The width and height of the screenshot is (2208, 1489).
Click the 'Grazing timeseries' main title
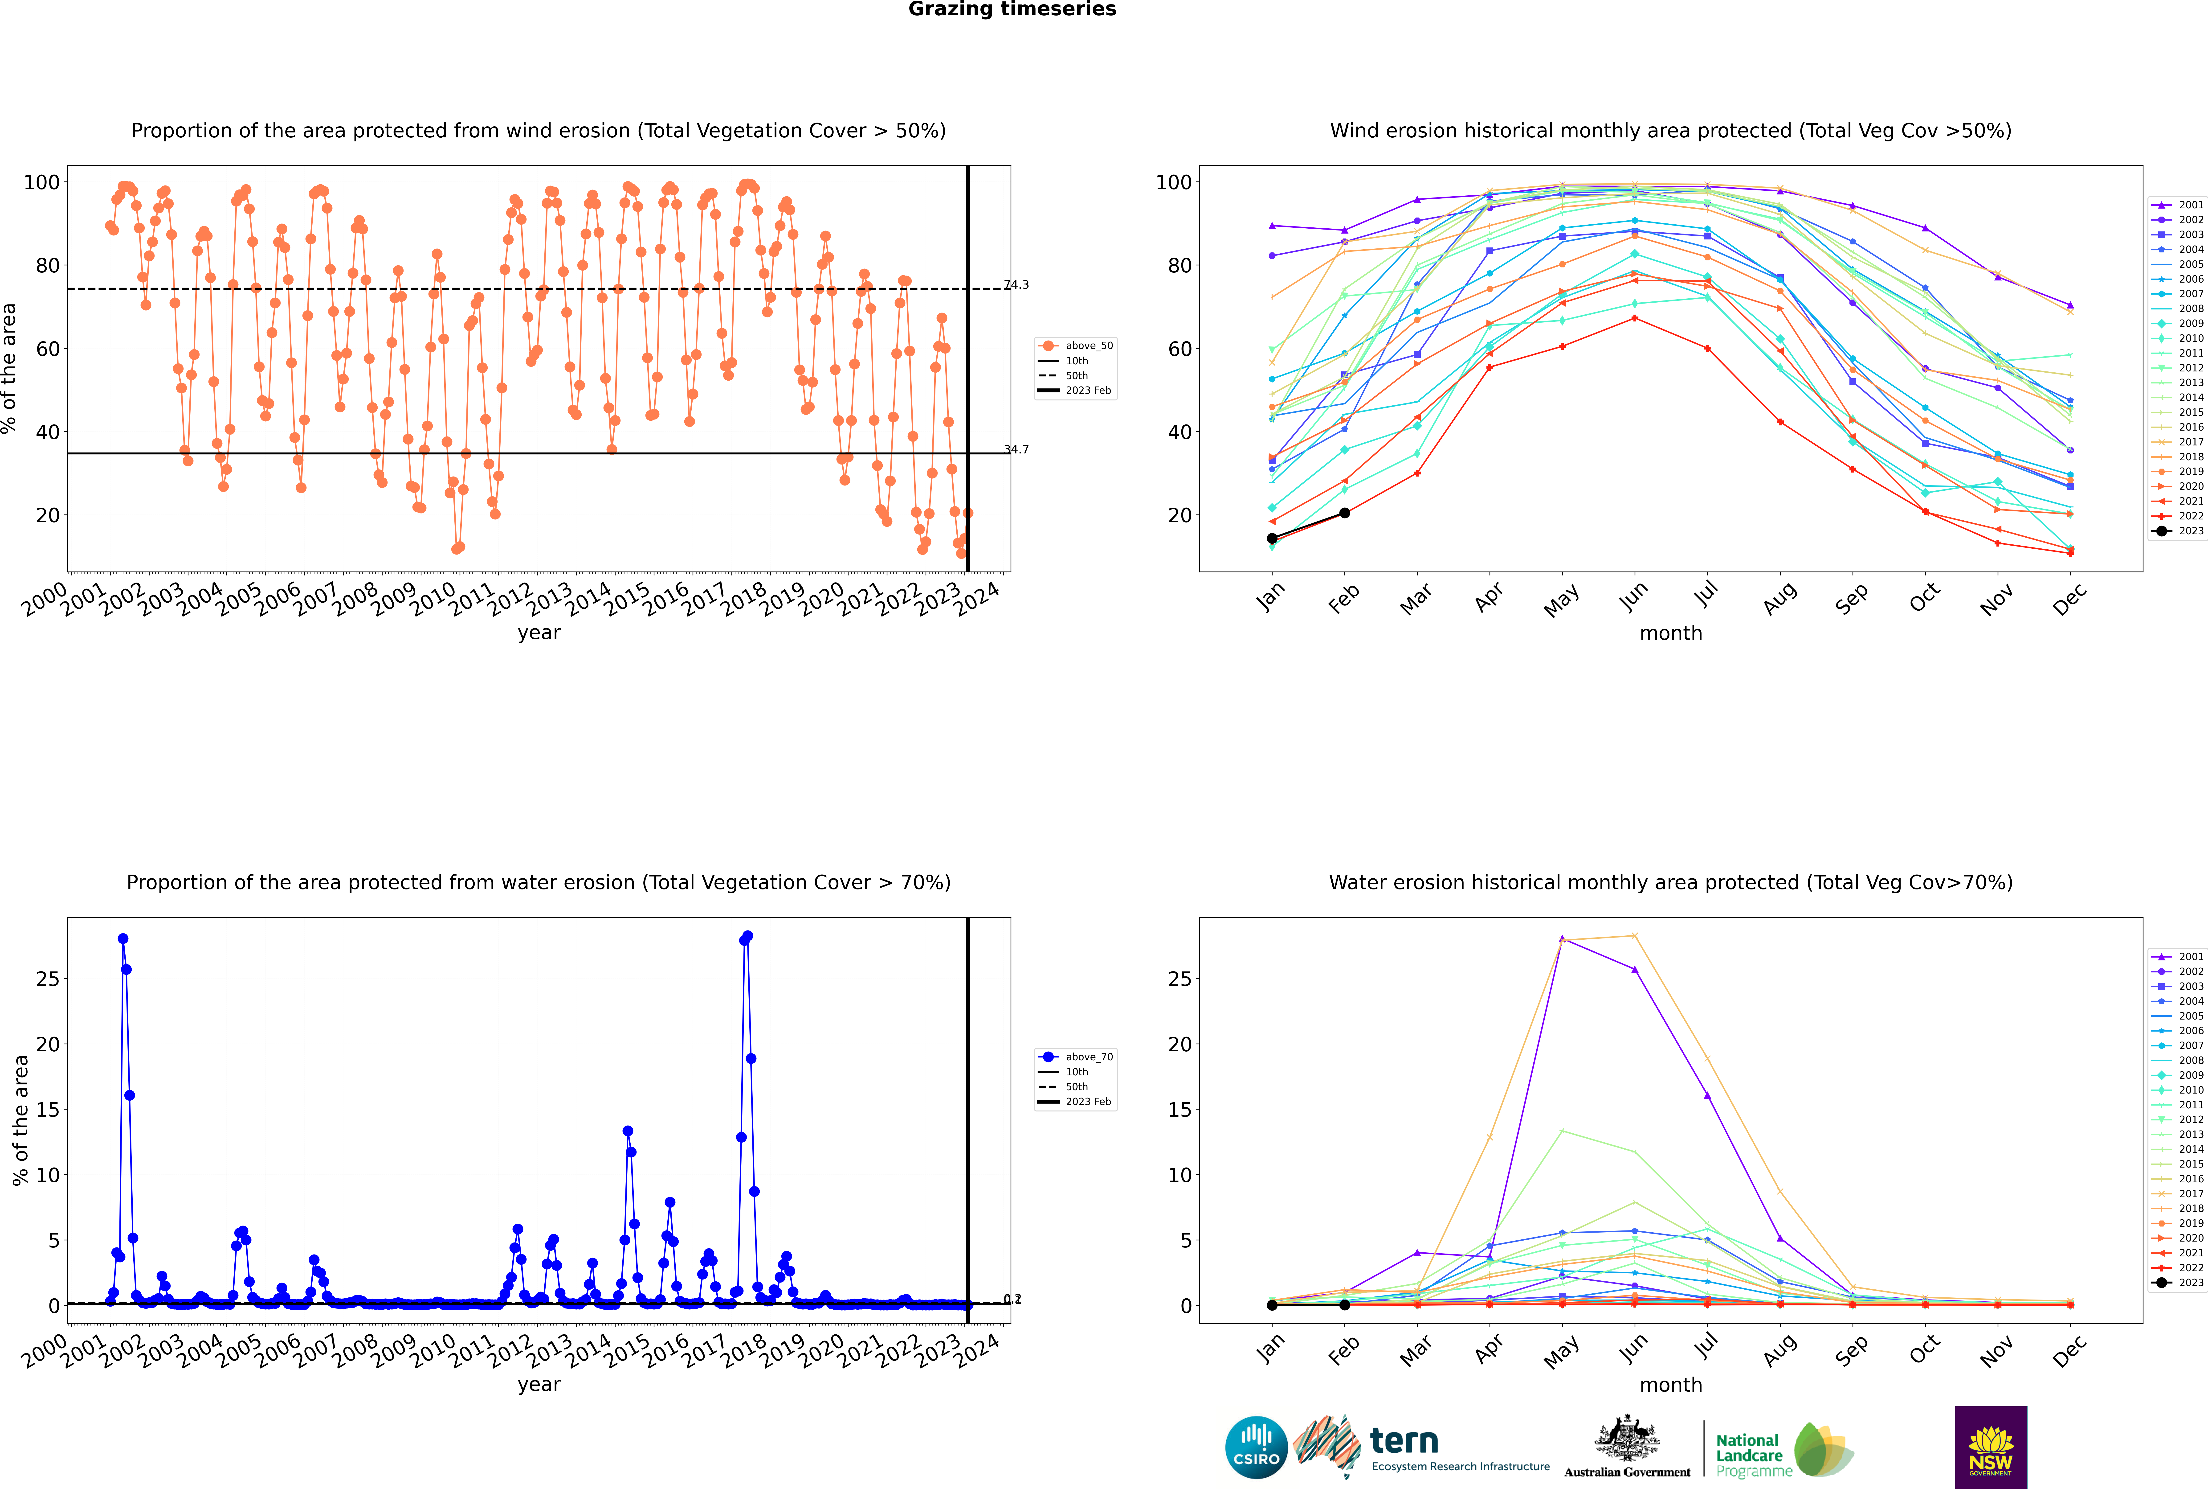click(1012, 9)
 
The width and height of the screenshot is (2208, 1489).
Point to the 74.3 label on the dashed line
click(1017, 285)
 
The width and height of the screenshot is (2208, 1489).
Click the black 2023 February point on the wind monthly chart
click(1344, 513)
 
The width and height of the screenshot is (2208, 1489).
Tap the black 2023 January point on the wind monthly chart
click(1272, 539)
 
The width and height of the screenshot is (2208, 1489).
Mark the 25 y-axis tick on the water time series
click(47, 979)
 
